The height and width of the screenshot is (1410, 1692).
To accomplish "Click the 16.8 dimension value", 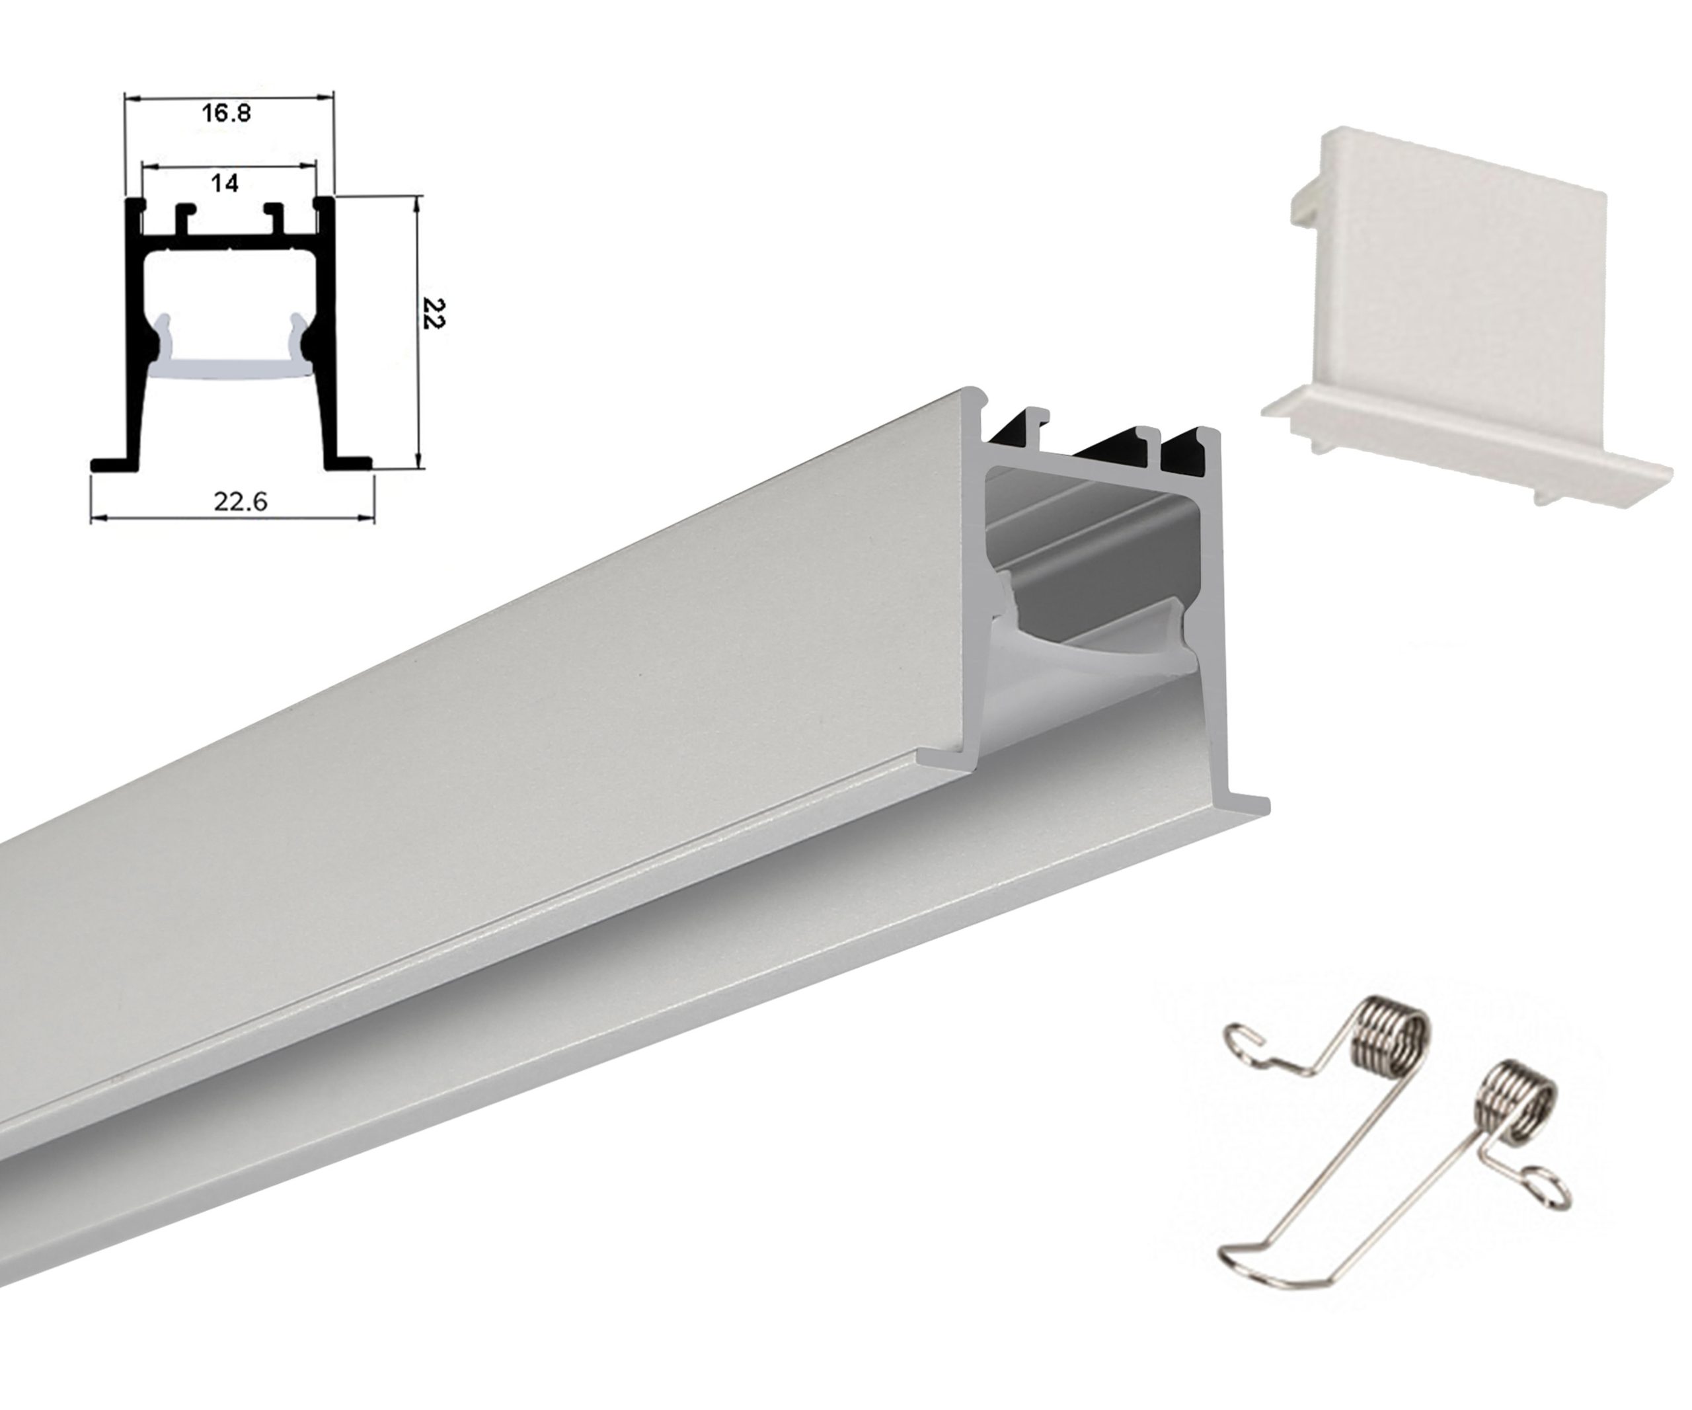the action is tap(227, 113).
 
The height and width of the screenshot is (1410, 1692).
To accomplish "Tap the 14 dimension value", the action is tap(225, 184).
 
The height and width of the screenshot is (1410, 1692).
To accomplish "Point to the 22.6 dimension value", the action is tap(240, 501).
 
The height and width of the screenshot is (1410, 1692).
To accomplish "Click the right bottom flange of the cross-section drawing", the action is tap(348, 463).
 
